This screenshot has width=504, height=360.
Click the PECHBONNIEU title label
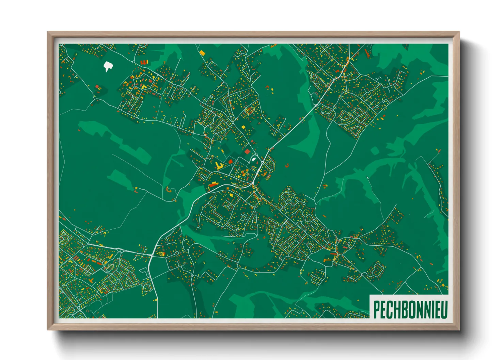tap(410, 309)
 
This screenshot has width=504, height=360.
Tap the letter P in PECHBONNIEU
tap(376, 310)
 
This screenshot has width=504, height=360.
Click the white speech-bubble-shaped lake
tap(108, 66)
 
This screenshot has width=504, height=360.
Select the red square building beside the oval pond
tap(247, 151)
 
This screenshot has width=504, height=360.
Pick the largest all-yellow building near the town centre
tap(218, 166)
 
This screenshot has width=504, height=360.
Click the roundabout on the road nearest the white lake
tap(133, 62)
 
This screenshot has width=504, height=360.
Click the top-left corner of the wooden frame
tap(48, 32)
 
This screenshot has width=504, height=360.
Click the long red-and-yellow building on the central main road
tap(213, 184)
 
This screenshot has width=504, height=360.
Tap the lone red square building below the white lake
tap(97, 86)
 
